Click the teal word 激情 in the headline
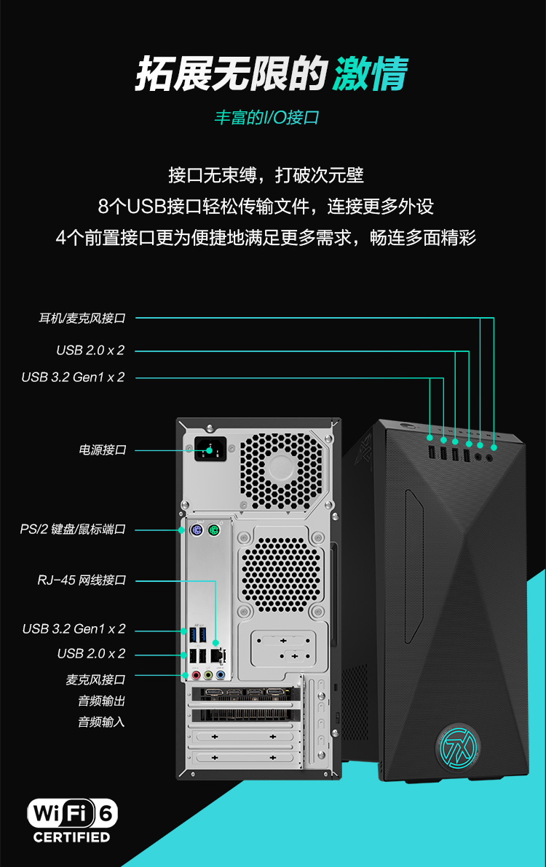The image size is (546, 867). (x=370, y=73)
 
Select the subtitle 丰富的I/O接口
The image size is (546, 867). (x=266, y=117)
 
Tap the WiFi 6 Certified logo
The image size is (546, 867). (x=72, y=820)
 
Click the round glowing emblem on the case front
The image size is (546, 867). (x=457, y=746)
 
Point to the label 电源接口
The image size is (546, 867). (x=103, y=450)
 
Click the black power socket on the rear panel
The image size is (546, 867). (x=210, y=450)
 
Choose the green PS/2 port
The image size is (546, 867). (x=213, y=531)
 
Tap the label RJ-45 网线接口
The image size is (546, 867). (x=82, y=580)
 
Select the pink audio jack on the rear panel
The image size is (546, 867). (x=195, y=674)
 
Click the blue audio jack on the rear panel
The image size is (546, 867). (x=220, y=674)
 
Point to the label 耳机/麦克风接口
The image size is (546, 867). (x=82, y=318)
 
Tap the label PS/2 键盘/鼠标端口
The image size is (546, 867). (x=73, y=530)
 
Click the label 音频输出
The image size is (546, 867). (x=101, y=700)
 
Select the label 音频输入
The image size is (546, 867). (x=101, y=722)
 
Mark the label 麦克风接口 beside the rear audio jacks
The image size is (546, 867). (x=95, y=679)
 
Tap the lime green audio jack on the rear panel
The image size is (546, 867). (x=208, y=674)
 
